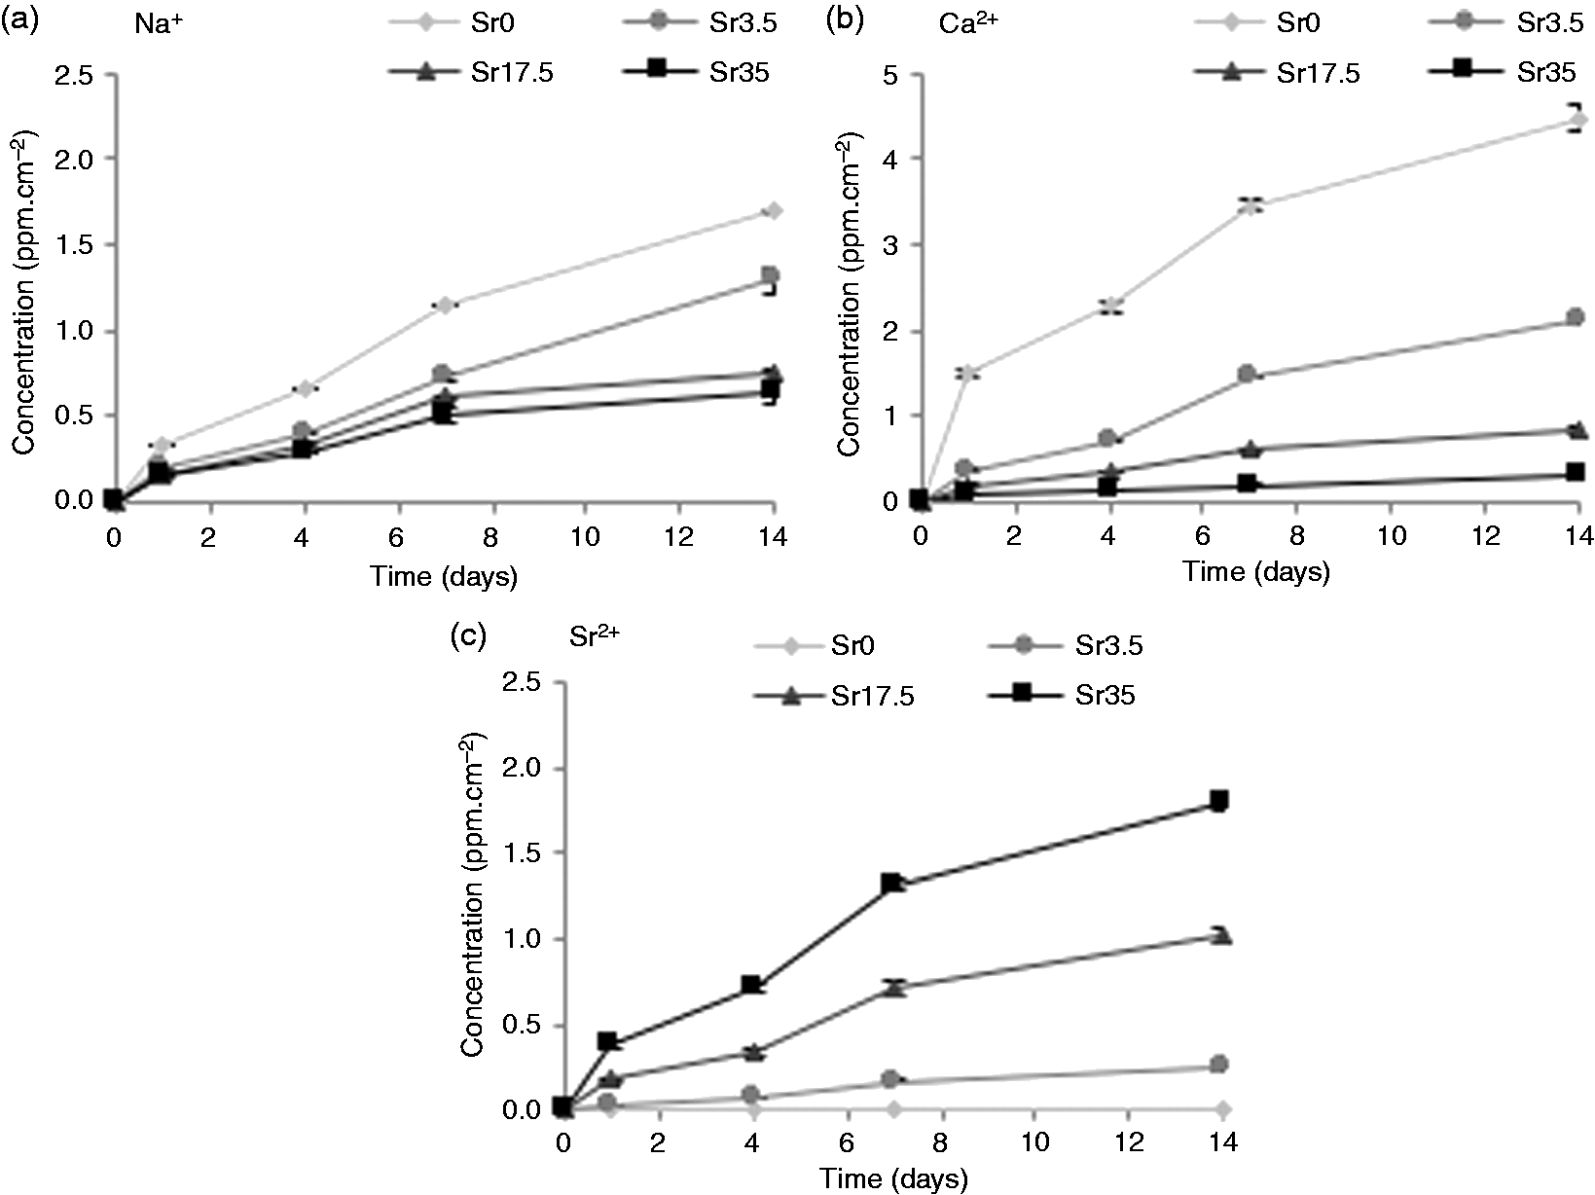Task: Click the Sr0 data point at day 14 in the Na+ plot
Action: [774, 210]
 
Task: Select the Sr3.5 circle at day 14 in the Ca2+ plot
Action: [1575, 316]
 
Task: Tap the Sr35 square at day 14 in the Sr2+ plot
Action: [1219, 801]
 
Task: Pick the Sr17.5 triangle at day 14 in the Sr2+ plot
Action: [1222, 934]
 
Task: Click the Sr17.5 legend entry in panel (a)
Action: [471, 73]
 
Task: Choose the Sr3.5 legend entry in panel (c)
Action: [1067, 644]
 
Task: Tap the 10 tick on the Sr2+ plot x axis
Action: [1034, 1142]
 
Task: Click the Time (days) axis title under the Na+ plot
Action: [444, 577]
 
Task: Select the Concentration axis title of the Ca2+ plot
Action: [848, 294]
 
